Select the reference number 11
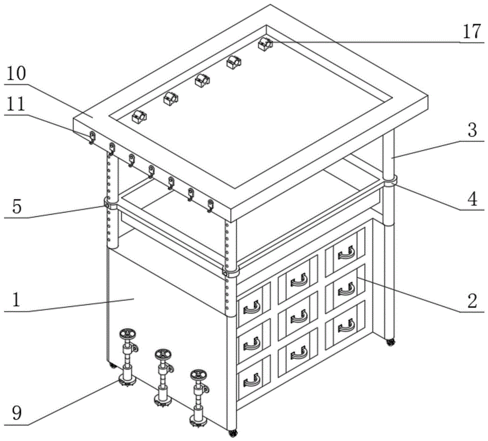coord(18,106)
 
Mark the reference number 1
coord(16,299)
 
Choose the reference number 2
coord(471,301)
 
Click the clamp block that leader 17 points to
coord(264,44)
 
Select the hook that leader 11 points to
coord(92,137)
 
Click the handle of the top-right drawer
coord(346,253)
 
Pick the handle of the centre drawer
coord(298,317)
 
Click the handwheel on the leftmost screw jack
coord(128,335)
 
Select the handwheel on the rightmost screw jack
coord(198,376)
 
